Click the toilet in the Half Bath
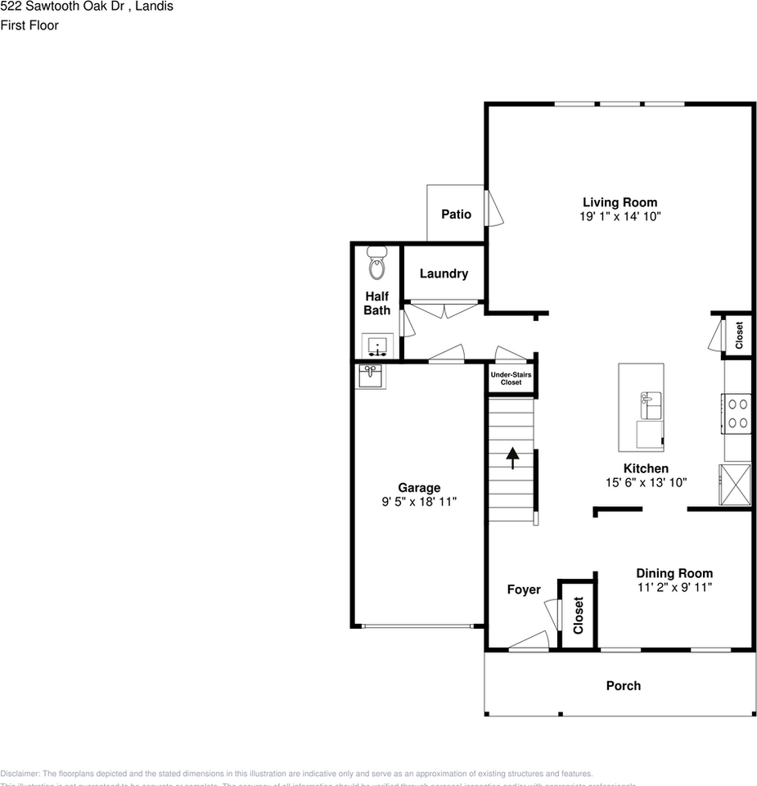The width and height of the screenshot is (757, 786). pos(376,264)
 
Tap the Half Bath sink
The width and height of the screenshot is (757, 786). pos(377,345)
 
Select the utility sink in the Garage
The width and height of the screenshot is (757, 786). pos(370,377)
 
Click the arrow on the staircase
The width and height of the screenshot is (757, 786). pos(512,458)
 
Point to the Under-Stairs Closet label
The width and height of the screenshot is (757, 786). pos(511,378)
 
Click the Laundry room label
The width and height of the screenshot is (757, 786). pos(444,273)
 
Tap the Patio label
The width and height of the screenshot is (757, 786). pos(456,214)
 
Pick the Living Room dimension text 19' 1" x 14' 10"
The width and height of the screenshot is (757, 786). pos(620,217)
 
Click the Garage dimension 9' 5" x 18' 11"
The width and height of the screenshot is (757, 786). pos(419,501)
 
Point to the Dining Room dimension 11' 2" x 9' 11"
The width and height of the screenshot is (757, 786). pos(674,587)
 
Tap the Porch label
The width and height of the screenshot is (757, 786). pos(623,685)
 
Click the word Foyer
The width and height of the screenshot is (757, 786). pos(524,589)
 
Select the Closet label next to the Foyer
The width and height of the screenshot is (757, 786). pos(579,615)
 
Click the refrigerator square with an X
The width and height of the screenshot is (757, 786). pos(734,485)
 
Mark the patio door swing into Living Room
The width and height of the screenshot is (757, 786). pos(493,209)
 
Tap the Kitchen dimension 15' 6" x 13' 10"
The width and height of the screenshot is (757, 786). pos(645,483)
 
